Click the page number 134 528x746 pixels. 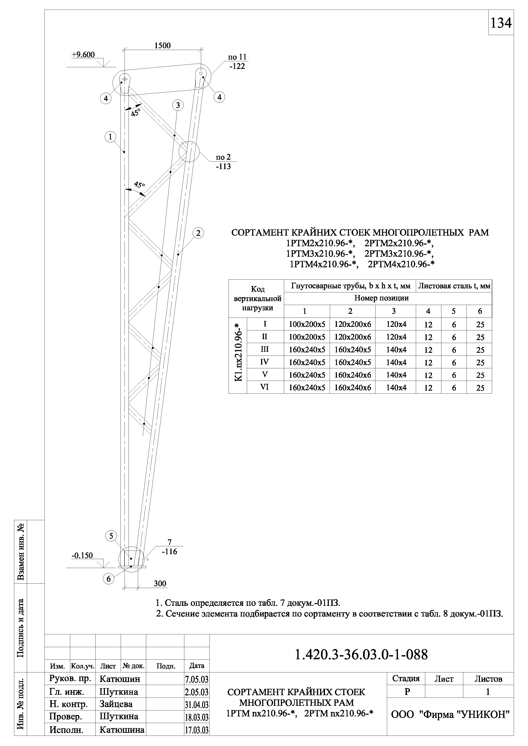501,23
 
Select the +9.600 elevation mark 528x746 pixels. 83,55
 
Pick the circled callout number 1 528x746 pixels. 110,137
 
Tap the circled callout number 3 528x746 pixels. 177,105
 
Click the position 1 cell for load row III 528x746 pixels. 307,350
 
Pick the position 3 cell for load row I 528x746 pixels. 396,324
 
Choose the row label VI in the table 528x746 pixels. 265,387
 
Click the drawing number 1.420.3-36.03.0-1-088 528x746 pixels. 361,655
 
